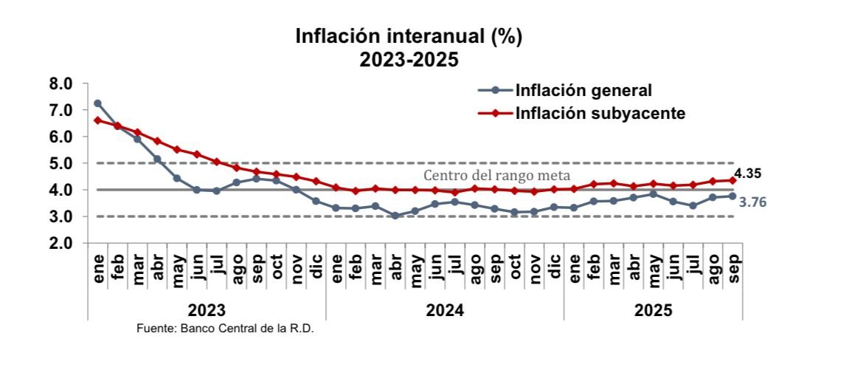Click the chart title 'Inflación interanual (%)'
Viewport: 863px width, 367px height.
[408, 37]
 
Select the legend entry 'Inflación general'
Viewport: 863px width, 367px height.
[583, 91]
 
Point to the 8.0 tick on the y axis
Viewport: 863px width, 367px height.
[62, 84]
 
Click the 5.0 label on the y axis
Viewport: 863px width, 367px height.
[62, 163]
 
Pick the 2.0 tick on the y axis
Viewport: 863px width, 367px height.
[62, 243]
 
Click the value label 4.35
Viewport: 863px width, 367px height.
[746, 174]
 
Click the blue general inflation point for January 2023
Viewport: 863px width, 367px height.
[97, 103]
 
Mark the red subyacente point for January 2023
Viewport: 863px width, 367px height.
[97, 120]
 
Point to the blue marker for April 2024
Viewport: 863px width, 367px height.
[395, 216]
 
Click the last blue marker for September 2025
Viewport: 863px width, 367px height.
[732, 196]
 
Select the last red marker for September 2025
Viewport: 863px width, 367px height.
[732, 180]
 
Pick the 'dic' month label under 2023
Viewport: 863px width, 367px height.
[316, 263]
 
